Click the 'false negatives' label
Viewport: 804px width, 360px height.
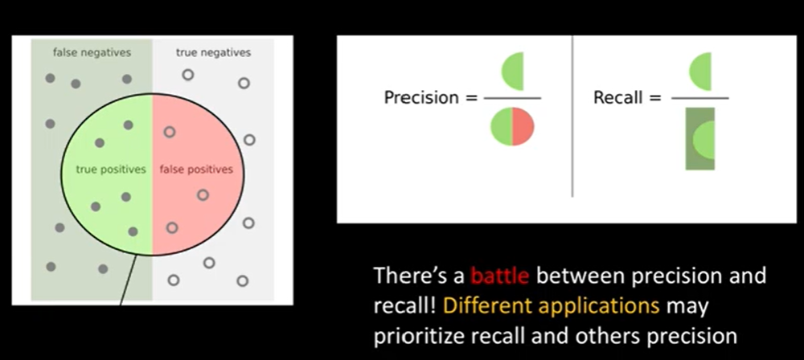92,53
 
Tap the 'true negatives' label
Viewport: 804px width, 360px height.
213,53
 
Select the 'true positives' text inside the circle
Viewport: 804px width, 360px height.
110,170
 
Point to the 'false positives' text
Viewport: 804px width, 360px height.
196,170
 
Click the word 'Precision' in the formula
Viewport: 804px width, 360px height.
420,98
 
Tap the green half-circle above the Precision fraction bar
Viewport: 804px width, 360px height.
514,72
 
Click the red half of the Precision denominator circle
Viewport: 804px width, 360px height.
523,128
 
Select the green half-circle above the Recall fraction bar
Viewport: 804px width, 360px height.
702,72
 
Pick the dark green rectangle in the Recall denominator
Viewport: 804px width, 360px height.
699,138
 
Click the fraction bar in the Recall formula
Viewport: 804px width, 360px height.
699,98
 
